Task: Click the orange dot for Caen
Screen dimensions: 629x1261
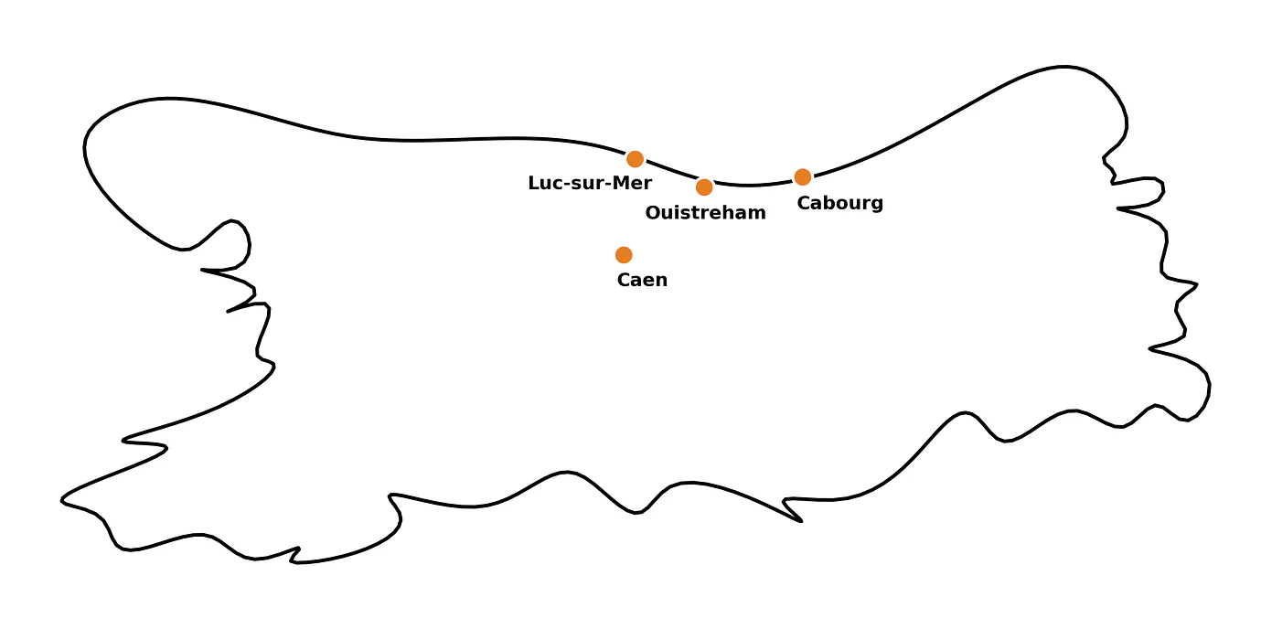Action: [x=624, y=255]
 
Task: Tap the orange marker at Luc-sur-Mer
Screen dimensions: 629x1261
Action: [x=635, y=159]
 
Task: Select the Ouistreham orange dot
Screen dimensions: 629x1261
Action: [x=704, y=187]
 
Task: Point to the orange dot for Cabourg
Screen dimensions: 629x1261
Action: [x=802, y=177]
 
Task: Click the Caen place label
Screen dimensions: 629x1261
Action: [x=642, y=281]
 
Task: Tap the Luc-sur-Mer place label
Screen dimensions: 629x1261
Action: [x=590, y=184]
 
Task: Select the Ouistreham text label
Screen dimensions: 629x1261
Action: [x=705, y=213]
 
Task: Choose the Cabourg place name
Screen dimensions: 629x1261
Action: [x=839, y=203]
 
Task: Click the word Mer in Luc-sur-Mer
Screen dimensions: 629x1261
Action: [x=632, y=184]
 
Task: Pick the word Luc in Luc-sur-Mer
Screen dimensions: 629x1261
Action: [x=545, y=184]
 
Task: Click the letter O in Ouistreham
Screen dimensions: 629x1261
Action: [x=653, y=213]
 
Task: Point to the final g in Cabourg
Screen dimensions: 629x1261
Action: [x=876, y=204]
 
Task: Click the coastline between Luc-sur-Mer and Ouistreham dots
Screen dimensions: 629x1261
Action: [x=669, y=173]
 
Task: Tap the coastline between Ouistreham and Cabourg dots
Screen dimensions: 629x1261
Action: [x=753, y=185]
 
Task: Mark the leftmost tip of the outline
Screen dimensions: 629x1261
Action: [x=61, y=500]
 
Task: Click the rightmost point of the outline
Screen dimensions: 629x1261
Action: [x=1210, y=386]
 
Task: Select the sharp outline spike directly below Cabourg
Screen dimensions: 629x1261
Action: [x=801, y=520]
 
